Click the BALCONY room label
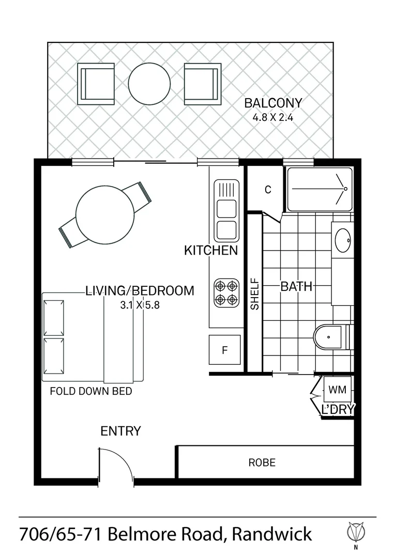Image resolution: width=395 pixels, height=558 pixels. [x=272, y=103]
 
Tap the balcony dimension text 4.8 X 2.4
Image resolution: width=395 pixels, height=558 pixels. [x=272, y=117]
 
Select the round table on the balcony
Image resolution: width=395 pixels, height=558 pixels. [x=149, y=84]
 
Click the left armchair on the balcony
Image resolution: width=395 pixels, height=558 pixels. [x=96, y=84]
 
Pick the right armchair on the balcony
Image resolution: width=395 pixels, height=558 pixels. [x=202, y=84]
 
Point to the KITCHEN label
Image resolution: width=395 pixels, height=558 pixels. [x=211, y=251]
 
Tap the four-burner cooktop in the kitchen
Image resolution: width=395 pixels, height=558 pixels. [x=226, y=292]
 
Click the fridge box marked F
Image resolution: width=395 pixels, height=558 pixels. [x=225, y=350]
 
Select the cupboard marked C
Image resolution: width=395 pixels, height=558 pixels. [x=267, y=190]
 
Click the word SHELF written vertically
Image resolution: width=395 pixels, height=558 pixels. [x=254, y=295]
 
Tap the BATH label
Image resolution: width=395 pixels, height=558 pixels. [x=296, y=286]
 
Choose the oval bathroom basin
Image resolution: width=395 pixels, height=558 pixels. [x=342, y=240]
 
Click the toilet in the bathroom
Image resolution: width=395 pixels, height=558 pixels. [x=331, y=337]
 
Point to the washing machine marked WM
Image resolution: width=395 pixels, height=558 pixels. [x=337, y=389]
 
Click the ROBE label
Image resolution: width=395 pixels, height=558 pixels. [x=262, y=462]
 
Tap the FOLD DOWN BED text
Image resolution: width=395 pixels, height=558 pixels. [x=90, y=391]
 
